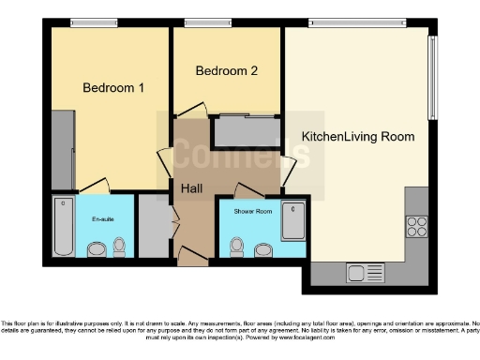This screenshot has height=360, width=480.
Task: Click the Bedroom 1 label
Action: point(113,88)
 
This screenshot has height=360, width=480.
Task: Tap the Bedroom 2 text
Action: point(226,71)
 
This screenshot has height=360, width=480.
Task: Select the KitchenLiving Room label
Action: point(357,137)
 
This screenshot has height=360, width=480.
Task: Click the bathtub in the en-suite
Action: point(63,227)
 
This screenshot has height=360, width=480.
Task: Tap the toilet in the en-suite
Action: point(118,247)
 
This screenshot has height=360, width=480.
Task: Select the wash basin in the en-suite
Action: point(96,249)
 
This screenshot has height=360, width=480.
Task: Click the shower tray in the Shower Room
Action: point(293,221)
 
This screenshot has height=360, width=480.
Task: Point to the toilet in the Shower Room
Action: point(237,247)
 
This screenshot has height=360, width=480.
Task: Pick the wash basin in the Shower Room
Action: point(261,249)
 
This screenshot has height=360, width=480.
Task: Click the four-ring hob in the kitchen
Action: point(415,226)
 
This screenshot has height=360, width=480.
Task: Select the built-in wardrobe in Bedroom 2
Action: point(247,132)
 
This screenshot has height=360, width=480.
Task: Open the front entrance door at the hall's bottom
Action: point(194,256)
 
